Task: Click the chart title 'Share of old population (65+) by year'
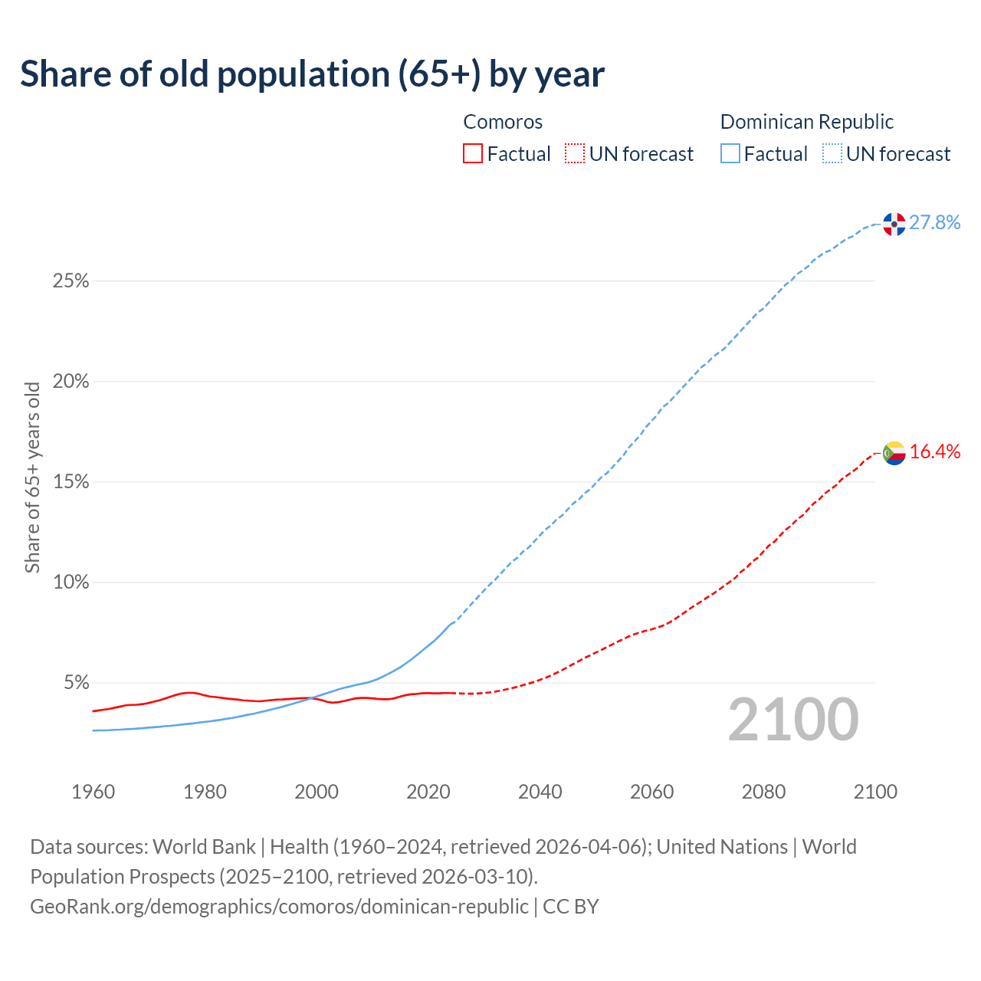(312, 74)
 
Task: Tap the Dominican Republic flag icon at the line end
(894, 224)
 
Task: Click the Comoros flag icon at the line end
(894, 453)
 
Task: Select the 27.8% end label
(935, 223)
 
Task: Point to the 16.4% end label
(935, 452)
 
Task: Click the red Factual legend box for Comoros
(473, 154)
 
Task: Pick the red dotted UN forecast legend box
(575, 154)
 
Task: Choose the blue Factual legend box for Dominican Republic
(730, 154)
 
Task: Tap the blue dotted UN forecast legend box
(832, 154)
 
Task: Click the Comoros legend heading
(503, 122)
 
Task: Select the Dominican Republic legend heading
(807, 122)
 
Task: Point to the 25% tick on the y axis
(71, 281)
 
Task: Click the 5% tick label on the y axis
(76, 683)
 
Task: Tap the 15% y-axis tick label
(71, 482)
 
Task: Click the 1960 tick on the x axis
(94, 792)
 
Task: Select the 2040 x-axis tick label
(540, 792)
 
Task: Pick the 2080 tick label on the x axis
(763, 792)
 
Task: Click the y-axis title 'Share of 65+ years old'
(32, 477)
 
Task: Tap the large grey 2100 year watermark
(793, 720)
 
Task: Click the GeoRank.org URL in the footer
(279, 907)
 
